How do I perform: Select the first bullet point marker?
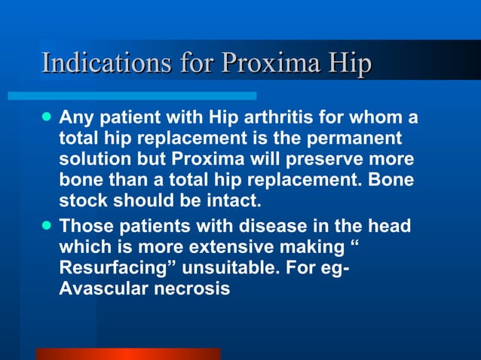click(47, 118)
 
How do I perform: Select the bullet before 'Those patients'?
click(47, 224)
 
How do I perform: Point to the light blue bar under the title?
click(132, 96)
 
